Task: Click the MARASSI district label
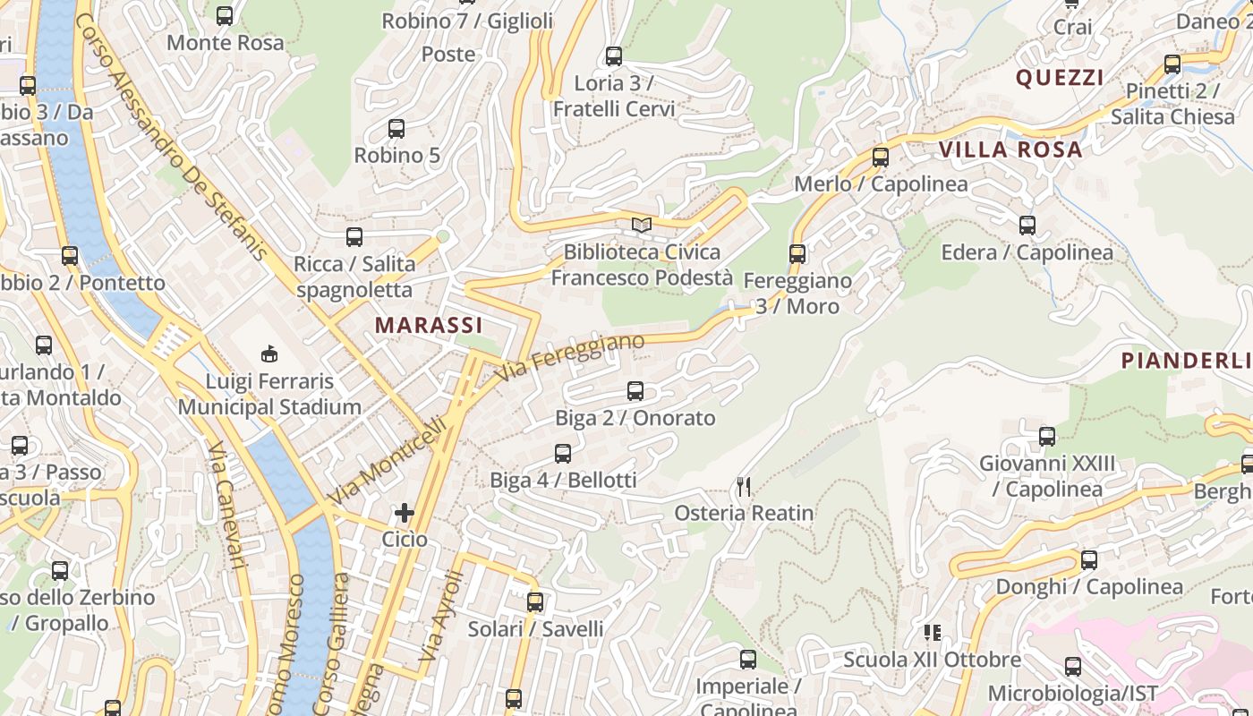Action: [429, 325]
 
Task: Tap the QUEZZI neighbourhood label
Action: [1060, 78]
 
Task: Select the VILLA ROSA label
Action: [1010, 149]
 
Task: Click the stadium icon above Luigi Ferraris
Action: [268, 354]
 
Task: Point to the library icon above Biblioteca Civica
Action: [641, 225]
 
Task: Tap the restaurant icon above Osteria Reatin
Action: [744, 487]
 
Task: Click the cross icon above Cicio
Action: [405, 513]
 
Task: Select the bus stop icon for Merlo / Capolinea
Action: [881, 158]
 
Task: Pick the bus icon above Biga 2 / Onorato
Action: [635, 391]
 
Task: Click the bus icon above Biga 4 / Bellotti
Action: [563, 454]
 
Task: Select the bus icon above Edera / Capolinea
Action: [1027, 226]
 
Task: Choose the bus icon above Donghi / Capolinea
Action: [1089, 560]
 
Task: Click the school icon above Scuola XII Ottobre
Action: [933, 633]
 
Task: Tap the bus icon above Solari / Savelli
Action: [535, 602]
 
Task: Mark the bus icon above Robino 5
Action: [396, 129]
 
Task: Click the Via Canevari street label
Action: [227, 505]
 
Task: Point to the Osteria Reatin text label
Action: [744, 513]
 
